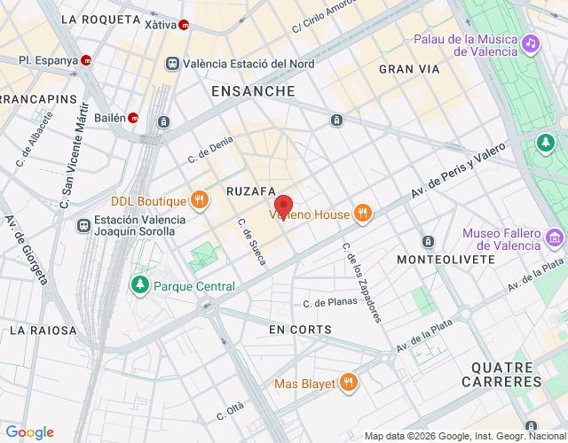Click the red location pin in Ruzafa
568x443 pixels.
click(284, 205)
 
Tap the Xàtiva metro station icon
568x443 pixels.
click(184, 25)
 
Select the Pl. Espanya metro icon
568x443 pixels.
click(86, 61)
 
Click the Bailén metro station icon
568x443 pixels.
click(132, 117)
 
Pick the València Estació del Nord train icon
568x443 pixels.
click(172, 63)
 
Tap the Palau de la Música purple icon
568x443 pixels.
click(530, 43)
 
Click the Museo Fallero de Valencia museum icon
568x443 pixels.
click(555, 237)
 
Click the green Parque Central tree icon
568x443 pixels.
click(139, 285)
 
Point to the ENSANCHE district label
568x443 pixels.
click(253, 91)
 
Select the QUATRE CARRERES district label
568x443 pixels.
click(501, 373)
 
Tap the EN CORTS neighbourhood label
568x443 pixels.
click(300, 330)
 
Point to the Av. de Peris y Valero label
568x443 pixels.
click(456, 170)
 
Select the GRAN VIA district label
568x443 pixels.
click(408, 68)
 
